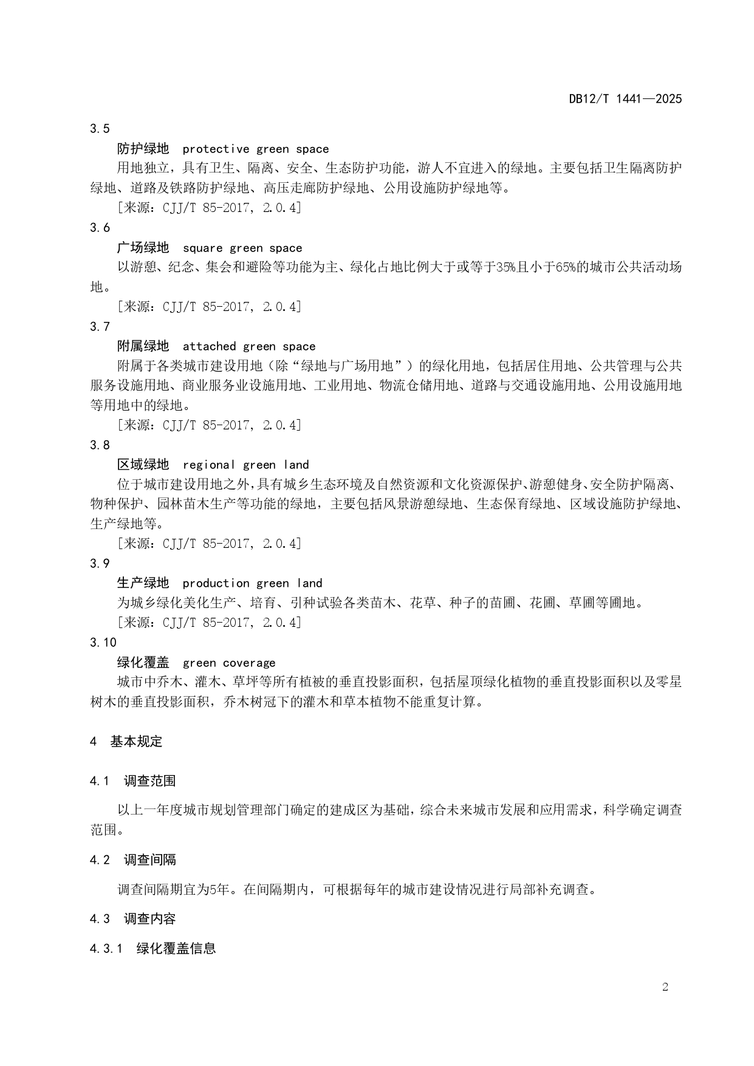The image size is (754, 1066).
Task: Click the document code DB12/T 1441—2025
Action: tap(625, 98)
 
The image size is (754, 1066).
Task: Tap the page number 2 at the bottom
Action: tap(665, 986)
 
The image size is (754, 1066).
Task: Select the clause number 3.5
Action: tap(100, 128)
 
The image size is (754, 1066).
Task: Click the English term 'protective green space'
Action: tap(255, 149)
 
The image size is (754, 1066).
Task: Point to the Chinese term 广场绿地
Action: tap(143, 247)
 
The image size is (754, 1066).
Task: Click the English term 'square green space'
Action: tap(242, 248)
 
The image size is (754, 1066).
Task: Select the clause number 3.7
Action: tap(100, 326)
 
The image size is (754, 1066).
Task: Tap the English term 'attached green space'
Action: tap(248, 346)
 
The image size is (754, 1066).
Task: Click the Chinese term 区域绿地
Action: tap(143, 465)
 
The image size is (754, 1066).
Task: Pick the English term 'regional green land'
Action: tap(245, 465)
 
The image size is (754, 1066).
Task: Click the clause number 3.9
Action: tap(100, 563)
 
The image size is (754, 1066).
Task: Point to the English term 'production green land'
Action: tap(252, 583)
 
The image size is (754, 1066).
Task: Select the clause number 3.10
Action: tap(103, 642)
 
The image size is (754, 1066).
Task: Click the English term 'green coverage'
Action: tap(228, 663)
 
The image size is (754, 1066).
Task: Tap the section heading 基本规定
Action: tap(136, 741)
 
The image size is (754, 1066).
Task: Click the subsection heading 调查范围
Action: tap(149, 781)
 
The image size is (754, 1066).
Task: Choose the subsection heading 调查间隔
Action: tap(149, 859)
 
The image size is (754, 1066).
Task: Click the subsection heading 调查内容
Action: tap(149, 918)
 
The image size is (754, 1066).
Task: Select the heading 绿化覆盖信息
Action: tap(176, 948)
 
